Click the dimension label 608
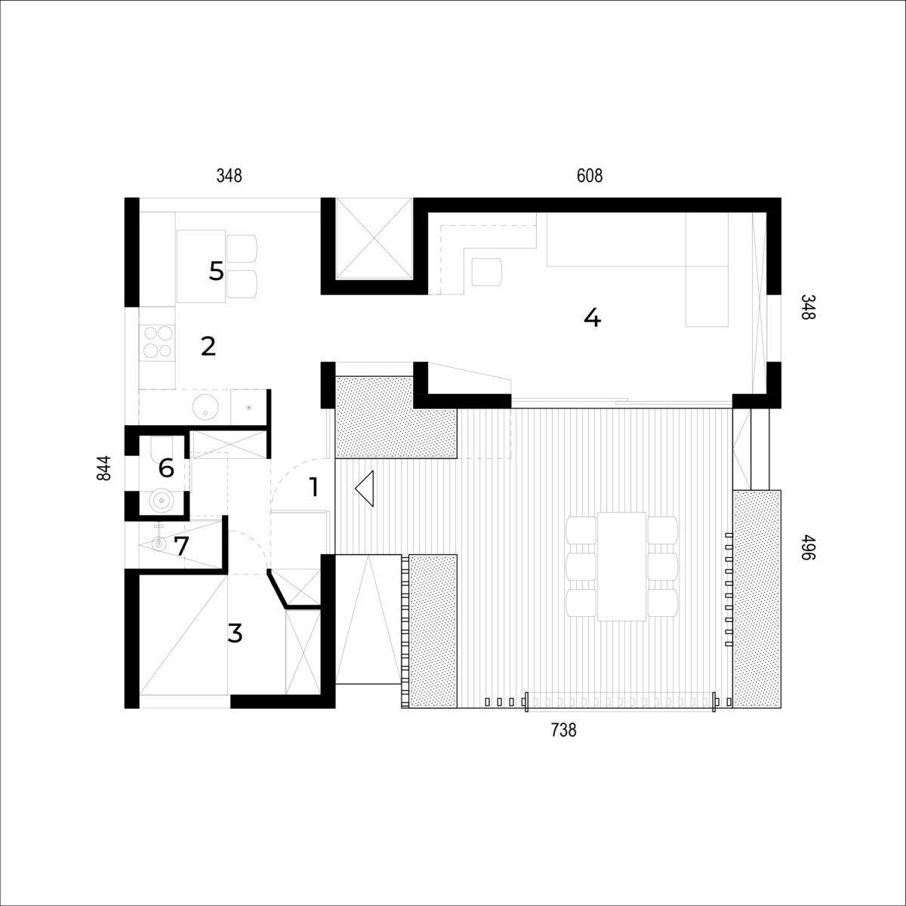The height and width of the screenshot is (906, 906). pos(589,176)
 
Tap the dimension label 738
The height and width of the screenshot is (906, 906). pos(563,730)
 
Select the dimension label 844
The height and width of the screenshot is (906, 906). pos(104,468)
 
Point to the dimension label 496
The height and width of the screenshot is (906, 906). pos(807,547)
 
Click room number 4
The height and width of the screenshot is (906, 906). pos(593,319)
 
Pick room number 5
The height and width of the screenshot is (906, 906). pos(216,271)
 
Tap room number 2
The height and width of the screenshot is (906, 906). pos(208,347)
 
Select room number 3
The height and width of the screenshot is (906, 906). pos(235,633)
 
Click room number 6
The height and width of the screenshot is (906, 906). pos(166,468)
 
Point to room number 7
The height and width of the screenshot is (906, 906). pos(181,546)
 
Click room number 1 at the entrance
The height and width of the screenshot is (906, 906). pos(314,487)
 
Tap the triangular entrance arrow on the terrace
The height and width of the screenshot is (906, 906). pos(365,488)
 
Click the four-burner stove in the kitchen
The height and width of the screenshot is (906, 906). pos(158,341)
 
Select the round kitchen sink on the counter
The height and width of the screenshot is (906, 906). pos(205,407)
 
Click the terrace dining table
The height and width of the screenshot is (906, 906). pos(621,566)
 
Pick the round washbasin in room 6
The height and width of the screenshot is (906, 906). pos(162,501)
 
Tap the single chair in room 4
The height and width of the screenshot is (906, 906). pos(487,273)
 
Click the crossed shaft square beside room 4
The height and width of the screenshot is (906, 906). pos(374,239)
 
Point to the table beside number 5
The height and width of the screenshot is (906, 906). pos(202,266)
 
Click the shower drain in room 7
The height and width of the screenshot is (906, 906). pos(159,544)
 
